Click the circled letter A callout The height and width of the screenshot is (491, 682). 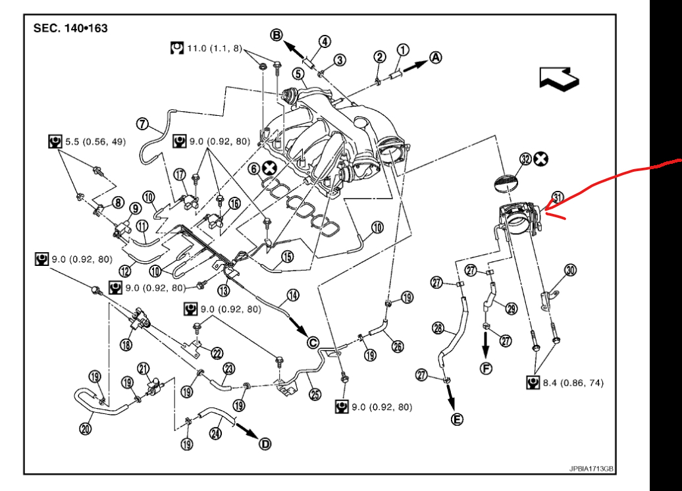pyautogui.click(x=435, y=58)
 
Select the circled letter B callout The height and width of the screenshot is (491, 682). pyautogui.click(x=277, y=34)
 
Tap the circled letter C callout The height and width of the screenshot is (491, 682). pyautogui.click(x=313, y=341)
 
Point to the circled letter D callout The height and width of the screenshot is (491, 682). pyautogui.click(x=265, y=444)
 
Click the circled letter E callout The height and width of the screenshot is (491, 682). pyautogui.click(x=456, y=419)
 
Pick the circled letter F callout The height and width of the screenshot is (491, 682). pyautogui.click(x=486, y=368)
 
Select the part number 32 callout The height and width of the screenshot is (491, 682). pyautogui.click(x=525, y=159)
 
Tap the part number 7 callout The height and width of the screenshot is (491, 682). pyautogui.click(x=142, y=123)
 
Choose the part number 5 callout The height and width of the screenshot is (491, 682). pyautogui.click(x=298, y=74)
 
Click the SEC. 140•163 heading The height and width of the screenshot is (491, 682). pyautogui.click(x=70, y=29)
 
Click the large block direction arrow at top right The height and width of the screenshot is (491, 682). pyautogui.click(x=559, y=79)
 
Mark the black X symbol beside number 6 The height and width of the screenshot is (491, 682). pyautogui.click(x=269, y=168)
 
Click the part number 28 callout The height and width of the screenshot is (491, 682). pyautogui.click(x=439, y=328)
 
